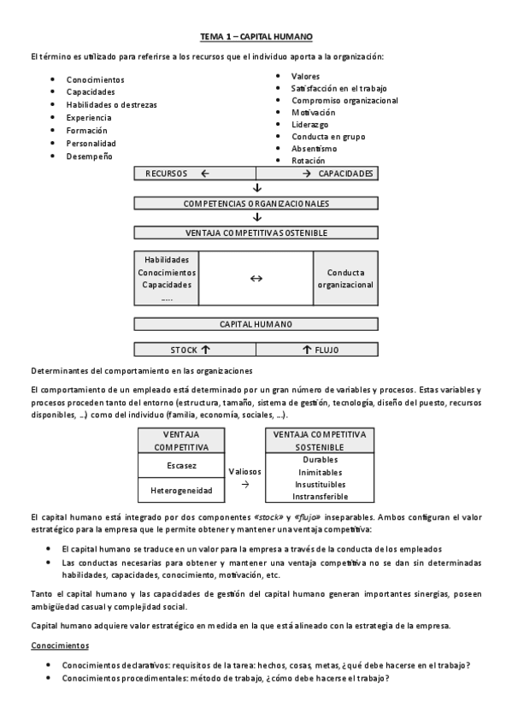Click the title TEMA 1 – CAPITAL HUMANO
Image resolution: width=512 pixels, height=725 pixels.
click(x=256, y=37)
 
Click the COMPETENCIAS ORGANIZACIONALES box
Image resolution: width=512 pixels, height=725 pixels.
click(x=256, y=203)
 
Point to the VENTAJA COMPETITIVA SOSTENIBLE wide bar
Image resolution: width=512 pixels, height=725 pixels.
click(x=256, y=233)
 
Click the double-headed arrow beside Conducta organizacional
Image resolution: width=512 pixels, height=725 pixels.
click(x=256, y=279)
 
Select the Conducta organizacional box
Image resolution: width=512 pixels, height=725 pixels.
click(x=345, y=279)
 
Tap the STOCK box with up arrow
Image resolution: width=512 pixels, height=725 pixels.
click(x=195, y=350)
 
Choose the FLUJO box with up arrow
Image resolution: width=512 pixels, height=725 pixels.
click(x=317, y=350)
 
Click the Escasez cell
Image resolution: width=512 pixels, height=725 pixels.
click(x=180, y=466)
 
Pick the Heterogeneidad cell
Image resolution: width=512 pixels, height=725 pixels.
click(x=180, y=490)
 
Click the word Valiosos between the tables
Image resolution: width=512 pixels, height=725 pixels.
click(x=245, y=471)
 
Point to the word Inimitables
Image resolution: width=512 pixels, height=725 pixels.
click(x=320, y=472)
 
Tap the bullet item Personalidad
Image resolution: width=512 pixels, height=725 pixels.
click(x=91, y=144)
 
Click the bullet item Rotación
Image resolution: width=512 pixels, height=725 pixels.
click(x=308, y=161)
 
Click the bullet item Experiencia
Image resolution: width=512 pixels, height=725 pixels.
click(x=89, y=118)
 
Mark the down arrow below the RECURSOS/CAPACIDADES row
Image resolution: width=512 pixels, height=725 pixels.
click(x=256, y=188)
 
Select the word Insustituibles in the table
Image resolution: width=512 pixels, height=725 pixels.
click(x=320, y=484)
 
